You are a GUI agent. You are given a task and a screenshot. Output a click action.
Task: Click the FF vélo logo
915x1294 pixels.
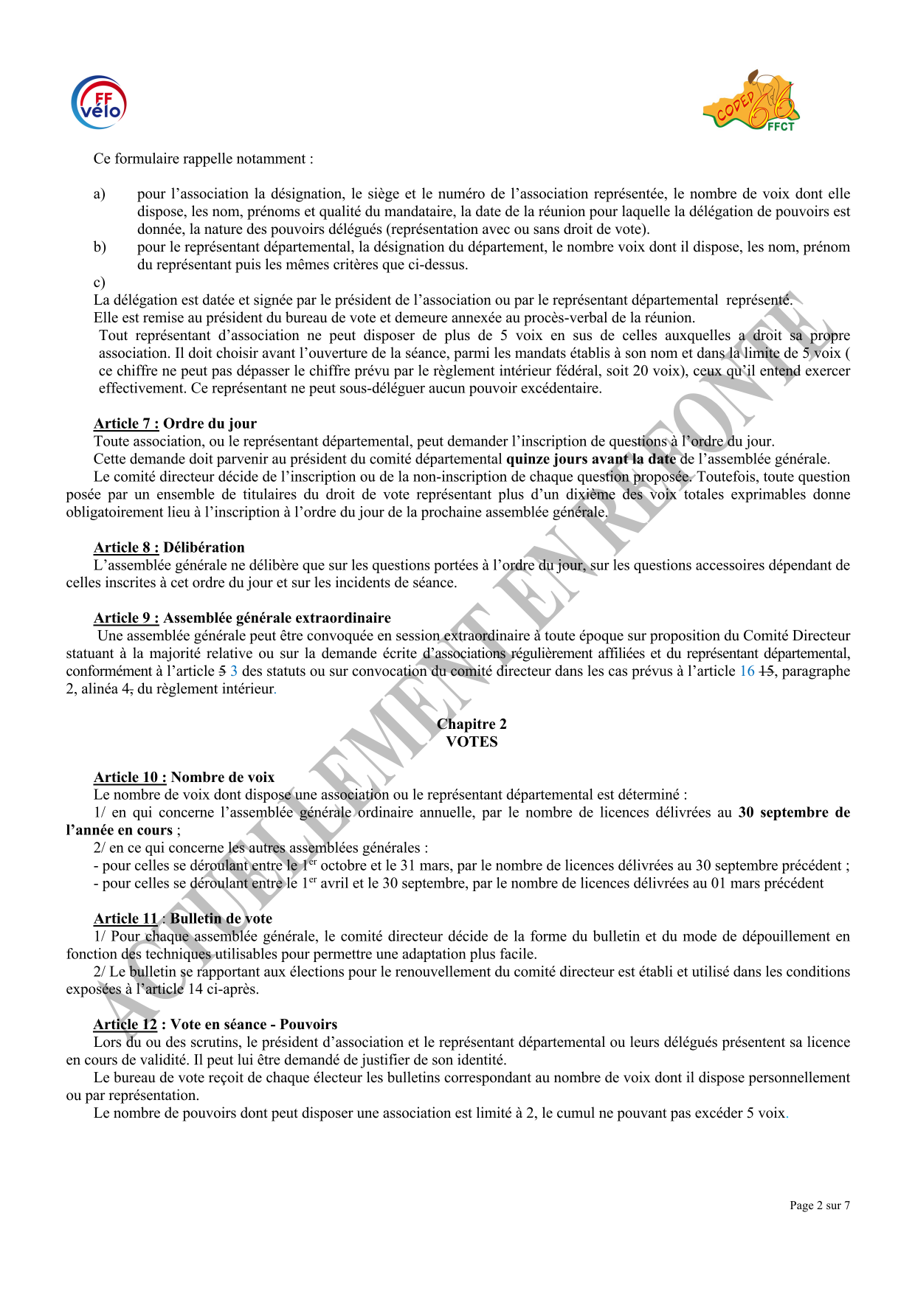(99, 103)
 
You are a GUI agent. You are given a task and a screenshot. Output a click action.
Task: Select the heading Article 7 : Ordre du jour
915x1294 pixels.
(175, 423)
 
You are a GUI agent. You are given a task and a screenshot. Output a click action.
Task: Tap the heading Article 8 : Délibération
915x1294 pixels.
(169, 547)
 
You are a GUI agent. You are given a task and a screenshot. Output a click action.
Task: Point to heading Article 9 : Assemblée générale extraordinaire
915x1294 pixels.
(242, 618)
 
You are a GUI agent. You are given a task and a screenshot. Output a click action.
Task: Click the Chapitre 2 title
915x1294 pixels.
(472, 724)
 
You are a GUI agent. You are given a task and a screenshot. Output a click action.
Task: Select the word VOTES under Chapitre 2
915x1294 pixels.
(472, 741)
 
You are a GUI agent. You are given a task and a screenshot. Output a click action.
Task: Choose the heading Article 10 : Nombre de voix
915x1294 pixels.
(184, 777)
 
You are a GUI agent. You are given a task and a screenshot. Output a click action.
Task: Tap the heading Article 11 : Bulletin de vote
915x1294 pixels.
(182, 918)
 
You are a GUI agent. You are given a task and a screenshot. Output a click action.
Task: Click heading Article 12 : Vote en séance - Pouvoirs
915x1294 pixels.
(215, 1024)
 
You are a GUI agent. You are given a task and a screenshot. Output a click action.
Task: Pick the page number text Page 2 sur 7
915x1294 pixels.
(819, 1205)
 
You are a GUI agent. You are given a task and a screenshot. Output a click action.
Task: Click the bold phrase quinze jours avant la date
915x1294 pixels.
(591, 459)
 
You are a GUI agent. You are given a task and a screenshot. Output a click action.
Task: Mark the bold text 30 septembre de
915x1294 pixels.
(794, 812)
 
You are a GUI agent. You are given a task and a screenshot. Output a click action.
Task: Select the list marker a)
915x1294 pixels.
(100, 194)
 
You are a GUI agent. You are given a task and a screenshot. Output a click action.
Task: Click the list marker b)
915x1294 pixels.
(100, 247)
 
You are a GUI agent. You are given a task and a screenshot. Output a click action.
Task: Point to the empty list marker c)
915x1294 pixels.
(100, 283)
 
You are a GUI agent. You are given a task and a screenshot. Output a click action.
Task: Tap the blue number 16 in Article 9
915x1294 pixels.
(747, 671)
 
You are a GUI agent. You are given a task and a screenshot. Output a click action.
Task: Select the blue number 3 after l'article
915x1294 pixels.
(234, 671)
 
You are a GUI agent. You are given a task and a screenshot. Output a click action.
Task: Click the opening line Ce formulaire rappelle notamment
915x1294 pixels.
(203, 159)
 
